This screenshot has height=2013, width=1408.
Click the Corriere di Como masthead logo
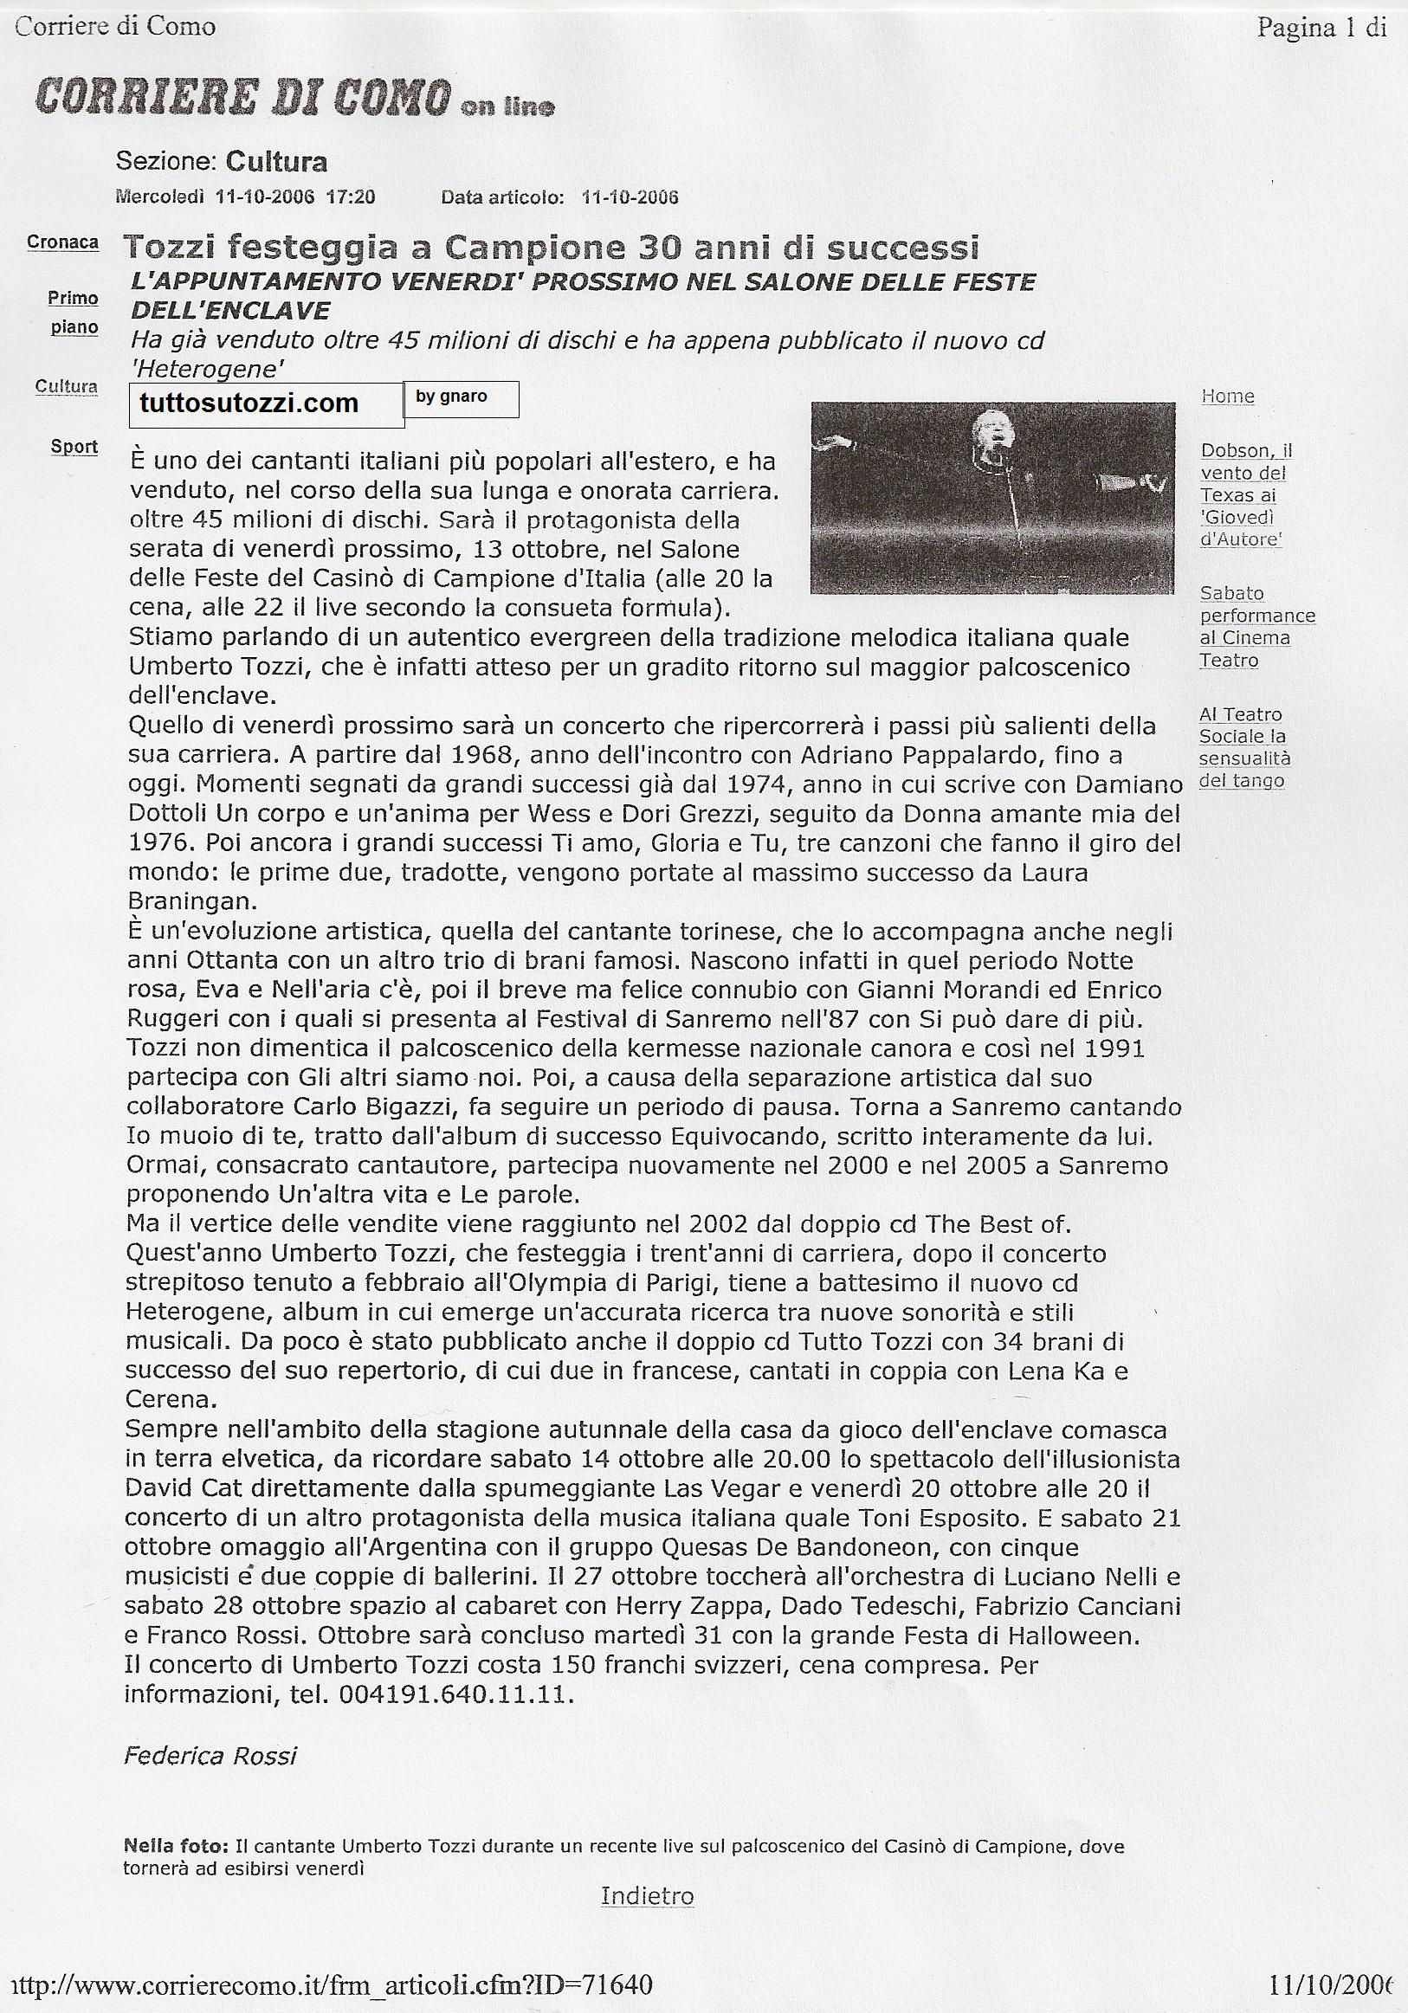tap(294, 99)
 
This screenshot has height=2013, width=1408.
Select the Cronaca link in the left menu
tap(62, 242)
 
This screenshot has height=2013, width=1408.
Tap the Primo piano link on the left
tap(73, 312)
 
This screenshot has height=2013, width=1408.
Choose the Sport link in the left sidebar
tap(74, 446)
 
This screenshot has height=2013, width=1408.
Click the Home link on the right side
tap(1227, 397)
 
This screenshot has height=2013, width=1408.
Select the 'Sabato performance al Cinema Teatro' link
tap(1257, 627)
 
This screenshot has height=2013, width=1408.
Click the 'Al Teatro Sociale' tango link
tap(1243, 748)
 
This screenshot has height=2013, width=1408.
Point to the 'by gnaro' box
tap(462, 398)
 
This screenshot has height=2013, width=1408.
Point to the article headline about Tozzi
tap(551, 248)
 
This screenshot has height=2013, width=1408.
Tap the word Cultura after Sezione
tap(276, 161)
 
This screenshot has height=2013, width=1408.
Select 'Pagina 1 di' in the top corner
tap(1321, 28)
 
